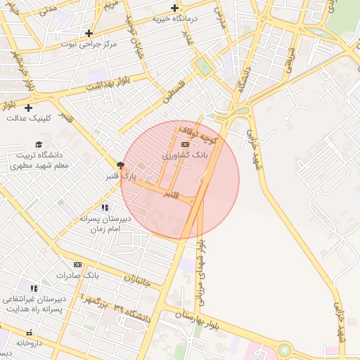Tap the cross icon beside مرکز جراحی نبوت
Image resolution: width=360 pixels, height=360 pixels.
coord(89,33)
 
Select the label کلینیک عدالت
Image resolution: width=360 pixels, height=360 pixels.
coord(29,117)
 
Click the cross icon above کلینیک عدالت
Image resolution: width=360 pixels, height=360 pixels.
coord(28,108)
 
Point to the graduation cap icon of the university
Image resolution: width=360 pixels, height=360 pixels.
coord(39,144)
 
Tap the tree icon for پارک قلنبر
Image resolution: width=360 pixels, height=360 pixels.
coord(120,165)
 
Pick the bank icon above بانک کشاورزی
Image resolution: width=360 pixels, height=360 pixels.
coord(185,144)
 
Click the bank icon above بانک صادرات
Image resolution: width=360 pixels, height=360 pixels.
coord(77,265)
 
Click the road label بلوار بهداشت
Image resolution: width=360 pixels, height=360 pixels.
coord(105,83)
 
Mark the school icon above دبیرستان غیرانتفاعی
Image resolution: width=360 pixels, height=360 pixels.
coord(34,289)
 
